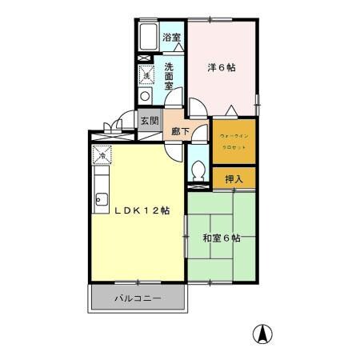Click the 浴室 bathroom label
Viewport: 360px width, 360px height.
coord(172,38)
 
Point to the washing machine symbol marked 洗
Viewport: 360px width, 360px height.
coord(147,74)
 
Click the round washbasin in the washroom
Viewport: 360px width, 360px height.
coord(146,95)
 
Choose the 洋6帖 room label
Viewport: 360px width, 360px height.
coord(223,68)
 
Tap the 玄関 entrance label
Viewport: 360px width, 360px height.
coord(150,121)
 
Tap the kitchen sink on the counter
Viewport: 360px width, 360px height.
coord(102,200)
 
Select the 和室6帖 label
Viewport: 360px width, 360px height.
coord(222,238)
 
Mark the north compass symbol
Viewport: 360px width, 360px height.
coord(261,333)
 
